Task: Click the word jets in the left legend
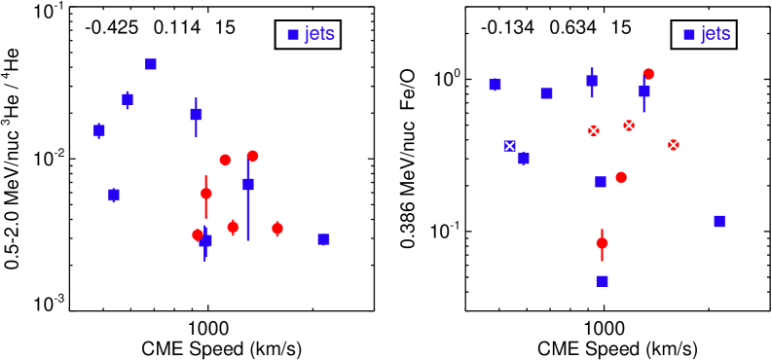[319, 34]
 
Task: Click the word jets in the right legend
[716, 34]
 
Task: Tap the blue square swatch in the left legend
[293, 35]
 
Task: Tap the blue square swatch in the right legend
[689, 35]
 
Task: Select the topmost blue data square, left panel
[151, 64]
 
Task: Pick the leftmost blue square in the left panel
[99, 130]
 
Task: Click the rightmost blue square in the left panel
[324, 239]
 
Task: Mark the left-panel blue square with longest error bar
[248, 184]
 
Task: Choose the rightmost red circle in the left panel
[277, 229]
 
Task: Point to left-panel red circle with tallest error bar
[206, 194]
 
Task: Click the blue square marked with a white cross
[509, 146]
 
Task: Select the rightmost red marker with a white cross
[673, 145]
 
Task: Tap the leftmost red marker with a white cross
[593, 130]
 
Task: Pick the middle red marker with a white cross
[629, 126]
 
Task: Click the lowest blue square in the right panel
[603, 281]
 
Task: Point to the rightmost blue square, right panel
[719, 222]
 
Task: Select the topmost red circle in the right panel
[648, 74]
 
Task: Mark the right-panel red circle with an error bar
[602, 243]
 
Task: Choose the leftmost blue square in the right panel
[496, 86]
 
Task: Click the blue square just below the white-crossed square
[524, 159]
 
